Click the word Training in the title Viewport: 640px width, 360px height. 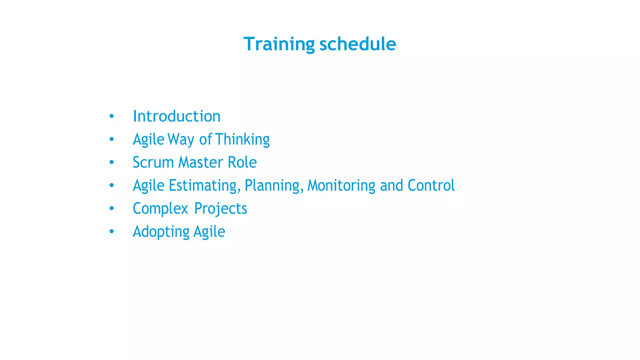coord(279,44)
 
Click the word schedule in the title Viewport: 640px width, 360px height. coord(358,44)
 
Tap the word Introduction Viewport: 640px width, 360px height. coord(177,116)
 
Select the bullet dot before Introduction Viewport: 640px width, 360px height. coord(112,116)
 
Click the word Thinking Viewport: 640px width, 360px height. coord(242,139)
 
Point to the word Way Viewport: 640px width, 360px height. coord(181,139)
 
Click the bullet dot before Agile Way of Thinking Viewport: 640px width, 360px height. coord(112,139)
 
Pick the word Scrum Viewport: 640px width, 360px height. coord(153,162)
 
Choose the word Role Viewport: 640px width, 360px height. coord(242,162)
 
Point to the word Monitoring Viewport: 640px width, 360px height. coord(341,186)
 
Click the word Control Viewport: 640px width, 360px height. coord(431,186)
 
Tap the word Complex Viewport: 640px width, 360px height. coord(160,209)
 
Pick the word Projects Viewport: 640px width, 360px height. coord(221,209)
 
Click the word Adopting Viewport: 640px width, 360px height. coord(161,232)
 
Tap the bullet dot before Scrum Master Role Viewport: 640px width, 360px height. coord(112,162)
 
